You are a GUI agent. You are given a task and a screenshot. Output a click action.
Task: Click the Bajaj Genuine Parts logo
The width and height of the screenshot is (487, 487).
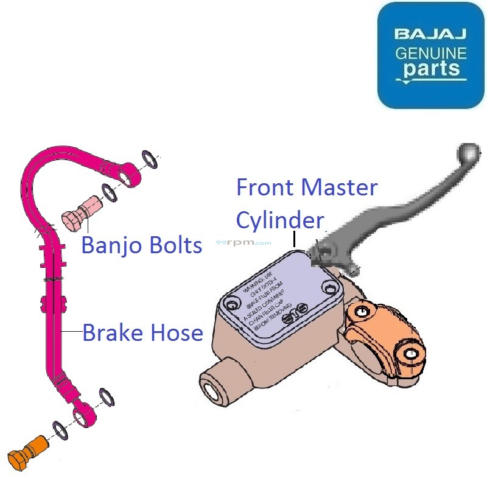coord(431,55)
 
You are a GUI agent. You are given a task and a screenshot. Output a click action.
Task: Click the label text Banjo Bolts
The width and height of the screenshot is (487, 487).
coord(142,245)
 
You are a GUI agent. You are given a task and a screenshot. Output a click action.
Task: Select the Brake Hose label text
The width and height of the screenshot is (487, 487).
coord(142,333)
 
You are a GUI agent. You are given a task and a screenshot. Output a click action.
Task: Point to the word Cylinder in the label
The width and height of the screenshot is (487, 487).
coord(279,220)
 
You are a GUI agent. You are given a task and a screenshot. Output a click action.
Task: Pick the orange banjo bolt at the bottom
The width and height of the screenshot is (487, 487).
coord(27,450)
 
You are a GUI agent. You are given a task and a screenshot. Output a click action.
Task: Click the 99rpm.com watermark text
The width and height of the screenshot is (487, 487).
coord(244,242)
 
